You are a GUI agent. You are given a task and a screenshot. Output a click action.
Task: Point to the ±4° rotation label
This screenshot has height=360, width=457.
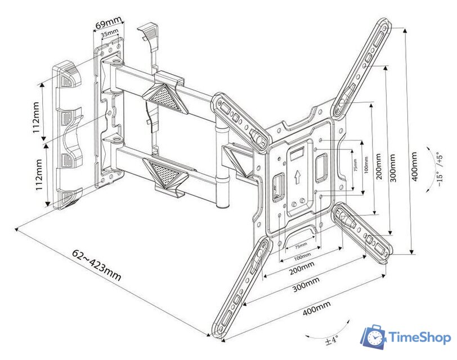pyautogui.click(x=331, y=340)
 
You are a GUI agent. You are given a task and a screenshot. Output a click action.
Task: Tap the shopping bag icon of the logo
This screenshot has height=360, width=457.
pyautogui.click(x=374, y=336)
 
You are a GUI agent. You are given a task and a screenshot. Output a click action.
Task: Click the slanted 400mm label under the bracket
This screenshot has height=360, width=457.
pyautogui.click(x=315, y=307)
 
